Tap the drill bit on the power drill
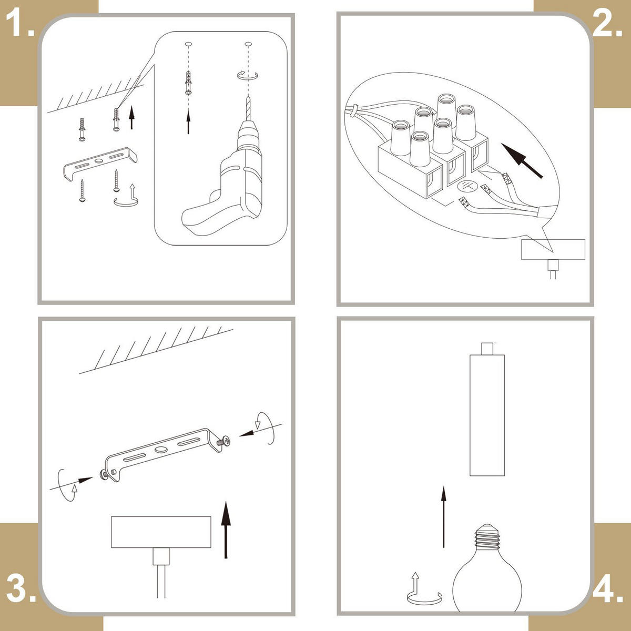pyautogui.click(x=248, y=109)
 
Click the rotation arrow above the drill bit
pyautogui.click(x=248, y=75)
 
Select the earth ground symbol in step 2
pyautogui.click(x=466, y=186)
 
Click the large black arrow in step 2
pyautogui.click(x=522, y=160)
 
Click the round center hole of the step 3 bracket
pyautogui.click(x=161, y=450)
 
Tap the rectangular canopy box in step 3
pyautogui.click(x=161, y=532)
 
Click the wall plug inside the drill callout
pyautogui.click(x=188, y=83)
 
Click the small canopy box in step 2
pyautogui.click(x=553, y=250)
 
